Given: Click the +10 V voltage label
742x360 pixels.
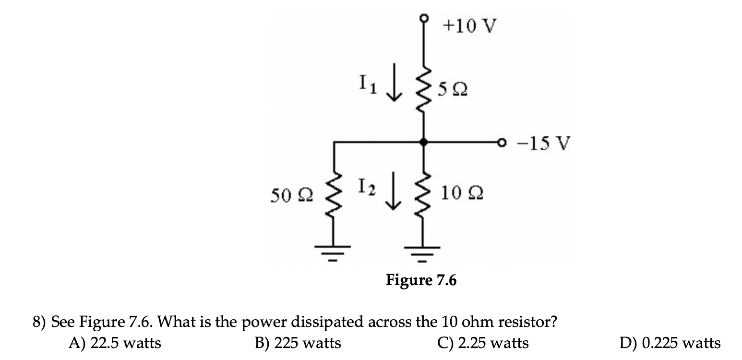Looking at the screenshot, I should [467, 26].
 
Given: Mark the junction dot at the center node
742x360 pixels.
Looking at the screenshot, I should [423, 142].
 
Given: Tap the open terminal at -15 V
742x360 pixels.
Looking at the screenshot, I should [503, 143].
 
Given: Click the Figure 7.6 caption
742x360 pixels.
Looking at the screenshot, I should [421, 280].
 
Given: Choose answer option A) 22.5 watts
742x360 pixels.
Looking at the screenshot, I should [115, 343].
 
